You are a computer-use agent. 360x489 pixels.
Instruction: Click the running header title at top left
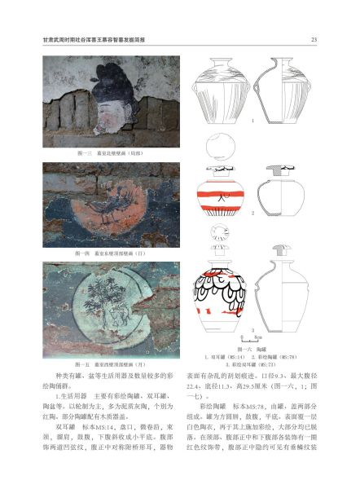(x=96, y=39)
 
